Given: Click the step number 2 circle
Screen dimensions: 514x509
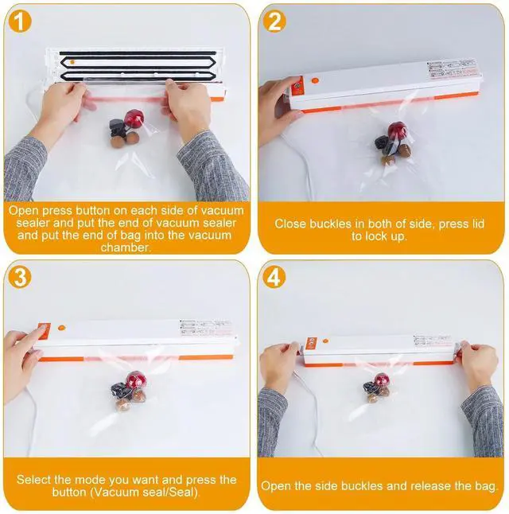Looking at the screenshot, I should (x=275, y=21).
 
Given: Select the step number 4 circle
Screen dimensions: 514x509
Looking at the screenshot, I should (x=275, y=278).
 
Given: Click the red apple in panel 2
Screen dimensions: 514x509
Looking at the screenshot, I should (x=397, y=132).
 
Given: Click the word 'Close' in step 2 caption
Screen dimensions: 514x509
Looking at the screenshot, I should (x=291, y=224).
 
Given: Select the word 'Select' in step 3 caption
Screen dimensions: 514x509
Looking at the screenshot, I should (x=33, y=480).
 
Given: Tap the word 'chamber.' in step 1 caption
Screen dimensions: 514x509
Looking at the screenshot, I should (x=126, y=247).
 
